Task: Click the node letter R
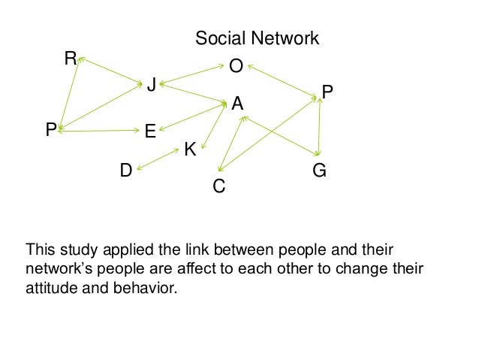(x=71, y=58)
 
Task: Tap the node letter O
(x=236, y=68)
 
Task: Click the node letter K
(x=190, y=150)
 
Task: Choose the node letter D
(x=126, y=171)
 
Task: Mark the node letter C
(x=219, y=186)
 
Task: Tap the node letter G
(x=319, y=171)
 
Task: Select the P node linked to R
(x=50, y=131)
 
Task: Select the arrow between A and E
(x=191, y=117)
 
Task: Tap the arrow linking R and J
(x=110, y=69)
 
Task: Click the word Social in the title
(x=217, y=38)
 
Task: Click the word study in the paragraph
(x=77, y=249)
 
